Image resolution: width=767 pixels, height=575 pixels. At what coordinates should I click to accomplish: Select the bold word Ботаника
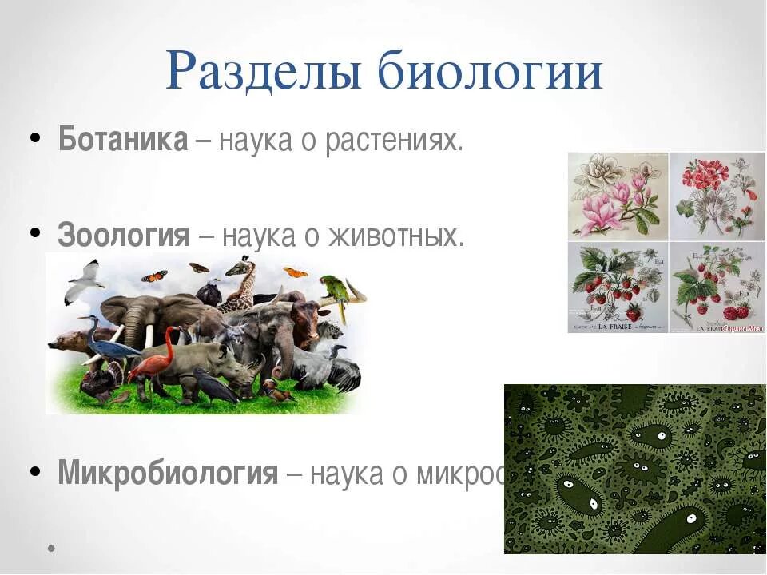coord(123,141)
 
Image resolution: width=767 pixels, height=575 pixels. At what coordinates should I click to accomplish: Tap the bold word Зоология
coord(124,236)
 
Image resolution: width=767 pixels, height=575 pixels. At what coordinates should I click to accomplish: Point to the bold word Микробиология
coord(168,473)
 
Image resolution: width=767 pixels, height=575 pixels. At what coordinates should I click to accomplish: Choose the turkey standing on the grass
coord(101,384)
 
